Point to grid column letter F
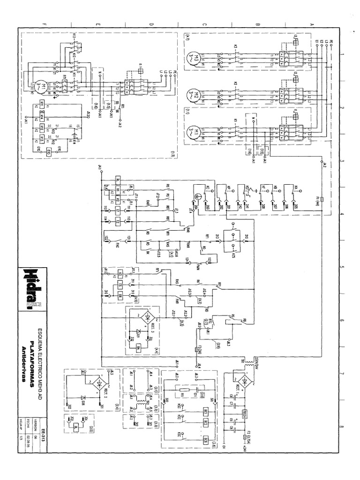click(x=44, y=24)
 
